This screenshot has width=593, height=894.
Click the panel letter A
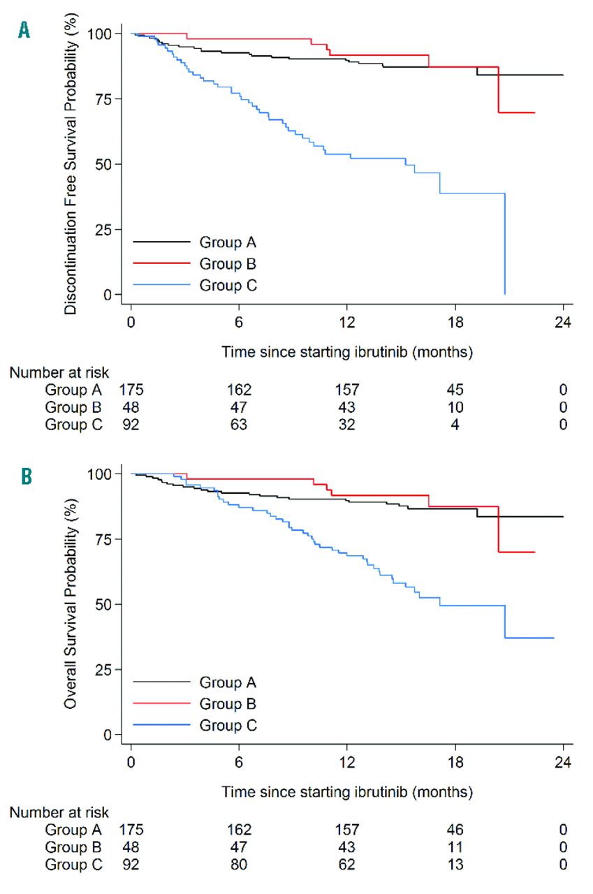click(x=24, y=30)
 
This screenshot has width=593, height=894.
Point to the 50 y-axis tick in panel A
click(x=108, y=164)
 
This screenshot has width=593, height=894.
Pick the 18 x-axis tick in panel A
click(x=455, y=323)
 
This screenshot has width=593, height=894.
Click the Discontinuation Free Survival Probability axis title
click(x=71, y=168)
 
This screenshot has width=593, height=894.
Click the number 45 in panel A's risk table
click(x=455, y=390)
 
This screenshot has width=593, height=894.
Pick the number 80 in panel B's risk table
click(x=239, y=864)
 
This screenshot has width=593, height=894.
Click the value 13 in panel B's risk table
click(x=455, y=864)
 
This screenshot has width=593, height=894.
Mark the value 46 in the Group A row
click(x=455, y=830)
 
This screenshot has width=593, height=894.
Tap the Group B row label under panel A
click(x=73, y=407)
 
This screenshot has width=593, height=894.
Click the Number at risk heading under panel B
click(x=59, y=812)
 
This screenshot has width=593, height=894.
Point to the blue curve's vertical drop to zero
click(x=504, y=244)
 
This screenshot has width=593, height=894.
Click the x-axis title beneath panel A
click(x=347, y=352)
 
